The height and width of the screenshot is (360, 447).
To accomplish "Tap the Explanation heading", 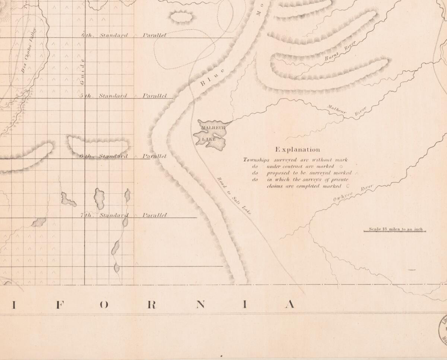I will pyautogui.click(x=298, y=149).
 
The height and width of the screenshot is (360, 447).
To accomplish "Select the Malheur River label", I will pyautogui.click(x=347, y=111).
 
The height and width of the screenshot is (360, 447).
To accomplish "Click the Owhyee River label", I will pyautogui.click(x=353, y=194).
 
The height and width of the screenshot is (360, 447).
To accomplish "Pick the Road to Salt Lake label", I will pyautogui.click(x=234, y=195).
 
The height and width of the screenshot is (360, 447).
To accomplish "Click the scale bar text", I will pyautogui.click(x=396, y=229).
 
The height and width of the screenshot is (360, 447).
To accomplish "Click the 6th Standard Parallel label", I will pyautogui.click(x=123, y=156).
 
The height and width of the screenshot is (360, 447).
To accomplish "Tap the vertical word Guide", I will pyautogui.click(x=83, y=71).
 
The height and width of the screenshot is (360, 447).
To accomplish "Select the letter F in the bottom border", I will pyautogui.click(x=58, y=304).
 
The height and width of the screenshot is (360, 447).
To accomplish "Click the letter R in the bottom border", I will pyautogui.click(x=151, y=304).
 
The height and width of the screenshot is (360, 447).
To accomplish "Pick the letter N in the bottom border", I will pyautogui.click(x=200, y=304).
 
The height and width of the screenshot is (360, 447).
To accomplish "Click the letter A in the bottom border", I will pyautogui.click(x=289, y=304).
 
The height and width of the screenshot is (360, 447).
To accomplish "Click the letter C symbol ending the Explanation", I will pyautogui.click(x=347, y=186).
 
